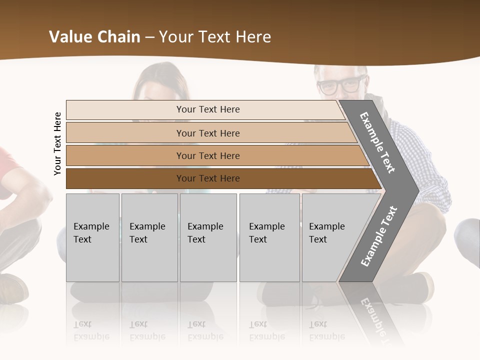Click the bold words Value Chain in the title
coord(94,37)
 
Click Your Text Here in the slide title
coord(215,37)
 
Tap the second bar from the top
coord(208,133)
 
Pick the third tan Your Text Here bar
coord(208,155)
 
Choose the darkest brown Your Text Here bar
coord(208,178)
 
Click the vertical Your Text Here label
coord(57,143)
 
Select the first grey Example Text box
coord(92,237)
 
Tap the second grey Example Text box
coord(149,237)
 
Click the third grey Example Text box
coord(208,237)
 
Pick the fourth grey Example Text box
coord(269,237)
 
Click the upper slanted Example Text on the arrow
coord(377,142)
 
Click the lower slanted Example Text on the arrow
coord(378,236)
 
